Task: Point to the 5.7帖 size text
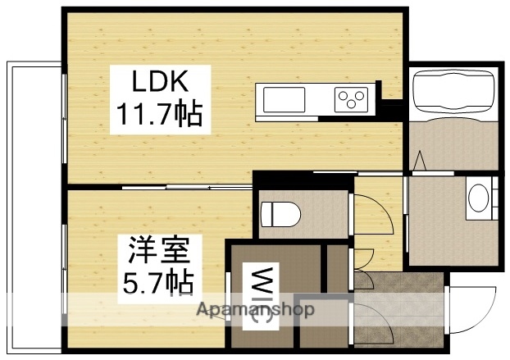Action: pos(158,281)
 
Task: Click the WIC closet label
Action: pos(262,295)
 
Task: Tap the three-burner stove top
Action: pos(350,100)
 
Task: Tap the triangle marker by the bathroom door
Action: pos(419,160)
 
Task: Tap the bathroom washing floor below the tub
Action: pos(453,144)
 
